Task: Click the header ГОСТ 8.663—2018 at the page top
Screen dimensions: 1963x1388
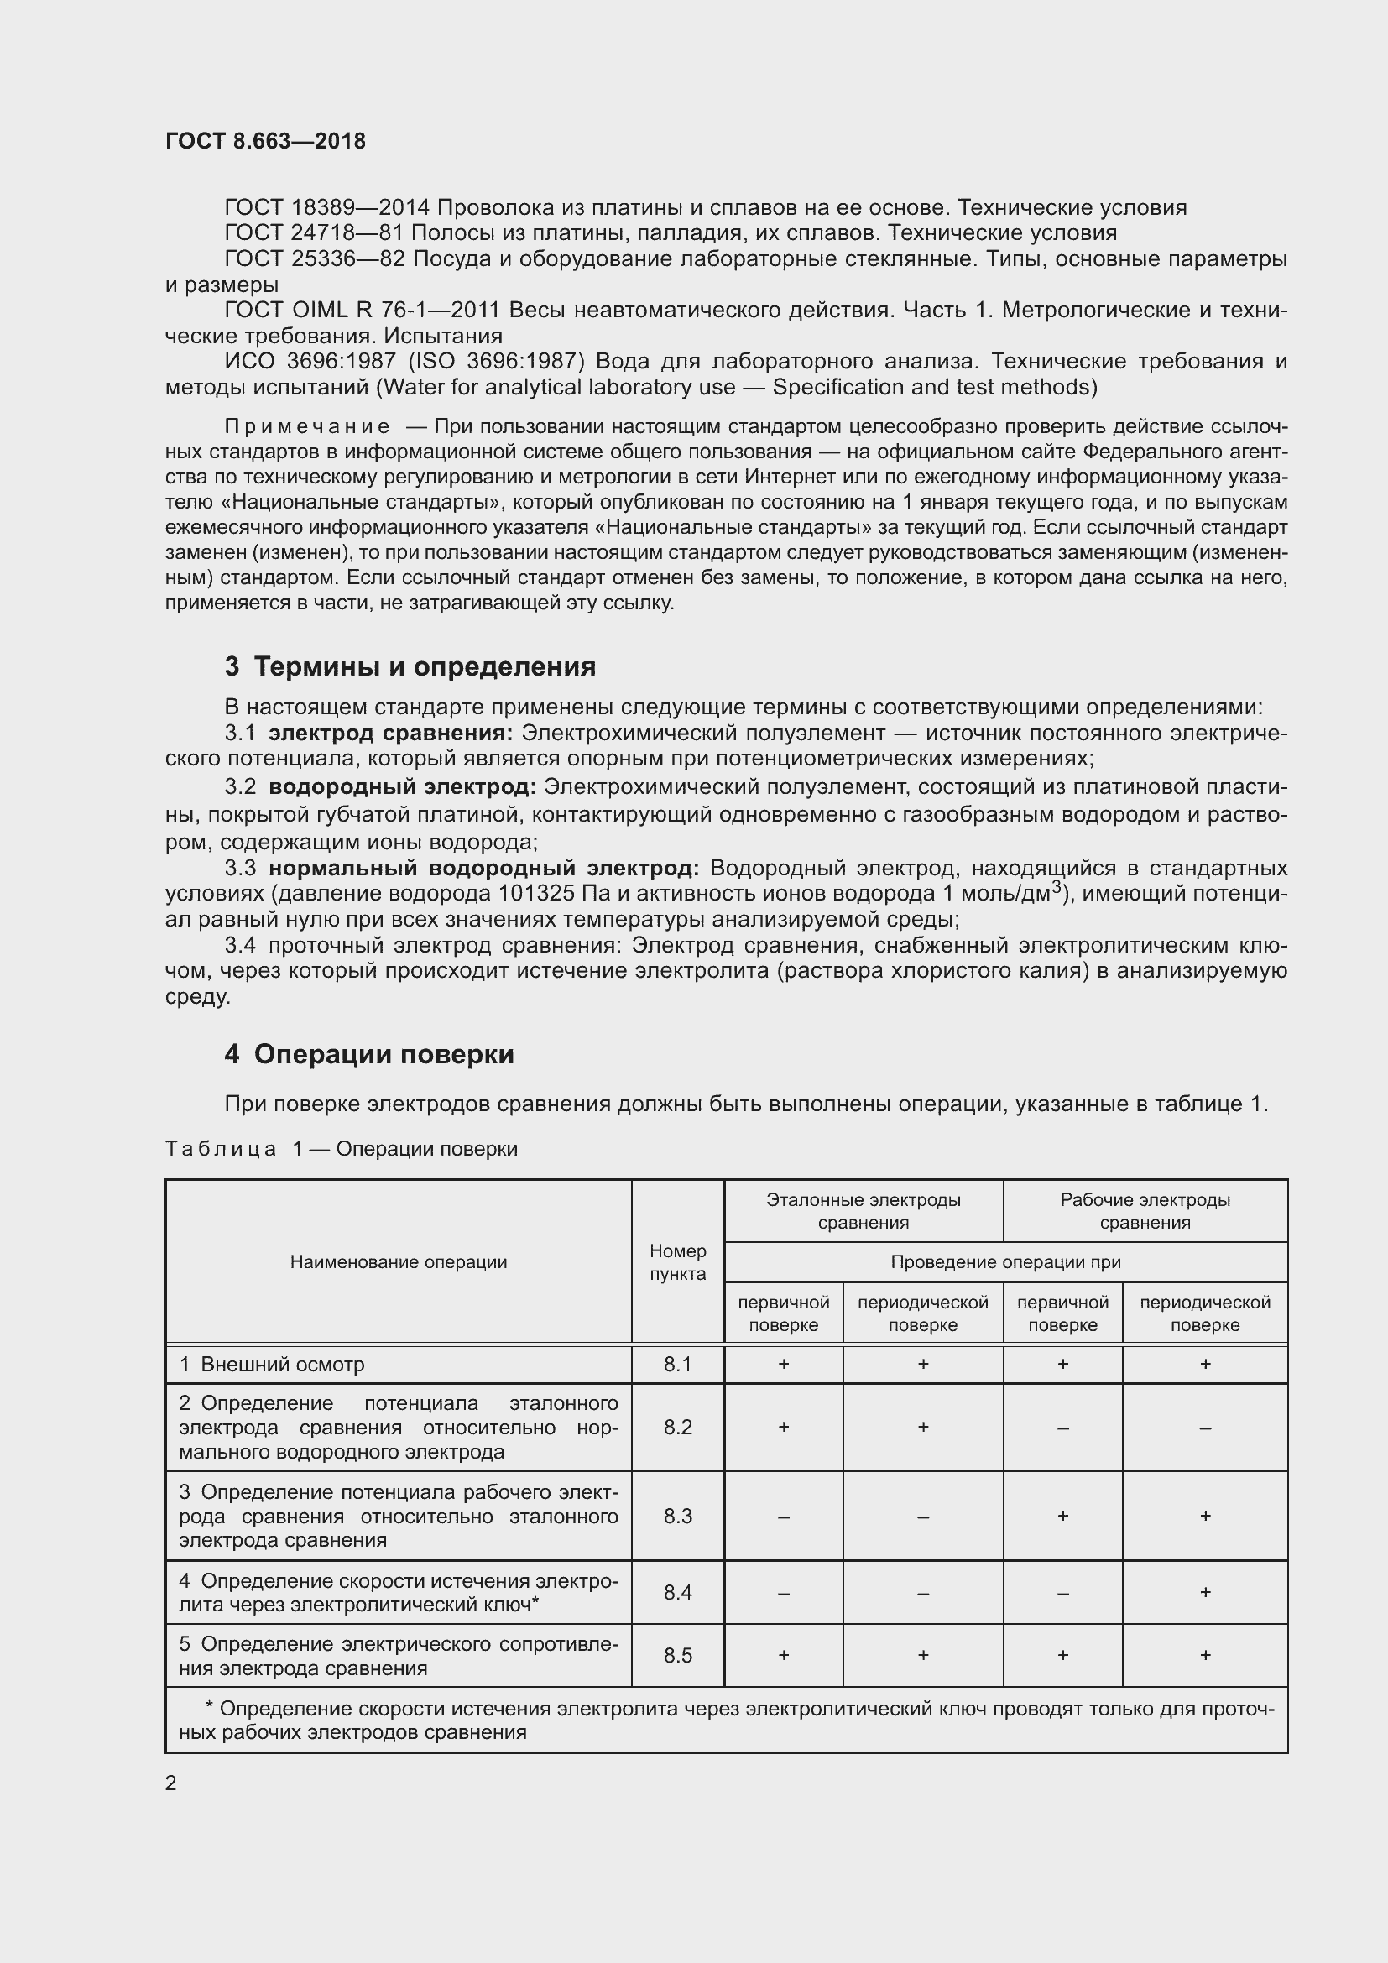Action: click(265, 141)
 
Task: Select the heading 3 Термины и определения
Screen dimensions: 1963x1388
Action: click(410, 666)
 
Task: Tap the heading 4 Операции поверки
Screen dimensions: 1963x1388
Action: click(369, 1054)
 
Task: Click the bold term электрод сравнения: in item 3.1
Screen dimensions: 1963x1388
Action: click(390, 733)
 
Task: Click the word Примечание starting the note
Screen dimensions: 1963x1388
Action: click(308, 425)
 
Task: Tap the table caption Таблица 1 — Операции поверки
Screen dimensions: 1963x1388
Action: click(341, 1148)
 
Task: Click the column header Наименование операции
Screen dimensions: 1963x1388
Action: click(399, 1262)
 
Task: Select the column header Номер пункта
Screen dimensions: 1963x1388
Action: click(678, 1262)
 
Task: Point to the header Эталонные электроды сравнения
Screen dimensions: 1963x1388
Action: click(864, 1211)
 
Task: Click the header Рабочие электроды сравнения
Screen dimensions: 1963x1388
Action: click(1145, 1211)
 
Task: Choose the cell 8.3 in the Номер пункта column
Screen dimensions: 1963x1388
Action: click(678, 1516)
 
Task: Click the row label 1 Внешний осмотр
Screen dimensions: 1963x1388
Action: click(272, 1364)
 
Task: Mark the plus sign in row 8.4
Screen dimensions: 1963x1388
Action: click(1204, 1592)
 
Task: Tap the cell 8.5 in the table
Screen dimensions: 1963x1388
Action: click(678, 1655)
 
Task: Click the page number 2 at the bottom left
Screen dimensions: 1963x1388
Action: click(171, 1783)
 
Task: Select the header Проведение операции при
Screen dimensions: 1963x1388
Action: click(1005, 1262)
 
